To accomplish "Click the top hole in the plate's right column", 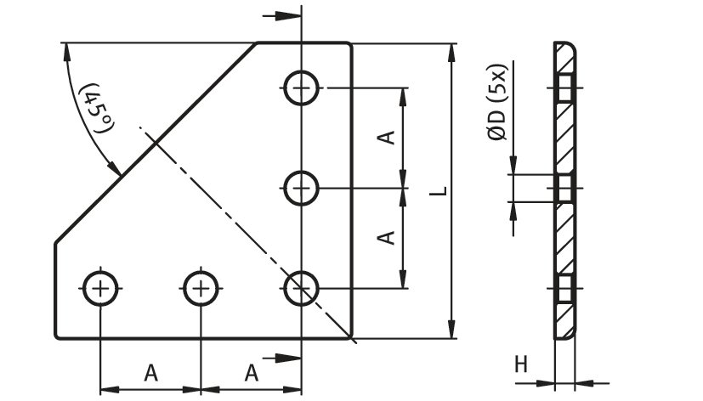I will click(301, 88).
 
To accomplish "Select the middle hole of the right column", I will click(301, 188).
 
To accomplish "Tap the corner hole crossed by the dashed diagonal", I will click(301, 288).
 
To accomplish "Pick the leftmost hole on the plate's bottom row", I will click(101, 288).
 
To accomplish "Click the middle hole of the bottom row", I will click(201, 288).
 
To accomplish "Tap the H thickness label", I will click(521, 364).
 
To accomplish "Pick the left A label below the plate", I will click(150, 372).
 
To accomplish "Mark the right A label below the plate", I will click(252, 372).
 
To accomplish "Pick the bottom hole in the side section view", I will click(564, 288).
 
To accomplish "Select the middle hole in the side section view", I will click(564, 188).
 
